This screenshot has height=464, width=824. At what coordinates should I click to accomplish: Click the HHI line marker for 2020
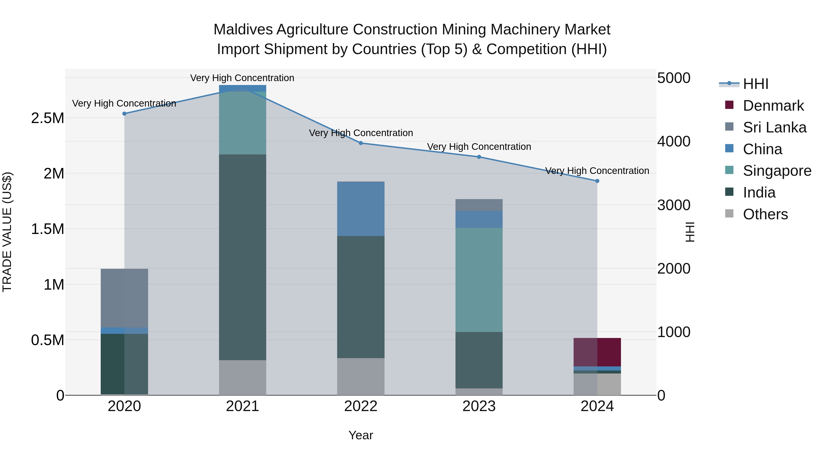125,114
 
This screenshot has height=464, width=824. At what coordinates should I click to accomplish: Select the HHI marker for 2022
361,143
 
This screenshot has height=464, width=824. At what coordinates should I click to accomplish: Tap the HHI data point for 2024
597,181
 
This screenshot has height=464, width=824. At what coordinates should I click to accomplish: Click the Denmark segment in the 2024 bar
597,352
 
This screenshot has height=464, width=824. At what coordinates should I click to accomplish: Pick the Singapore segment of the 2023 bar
479,280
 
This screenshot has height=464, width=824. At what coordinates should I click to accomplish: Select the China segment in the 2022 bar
361,209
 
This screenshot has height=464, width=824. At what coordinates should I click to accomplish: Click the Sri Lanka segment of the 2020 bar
125,298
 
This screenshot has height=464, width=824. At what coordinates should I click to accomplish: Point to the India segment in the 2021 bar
242,257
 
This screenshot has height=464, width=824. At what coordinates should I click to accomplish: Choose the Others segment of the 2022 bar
361,376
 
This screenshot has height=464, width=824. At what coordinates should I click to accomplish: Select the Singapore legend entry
777,171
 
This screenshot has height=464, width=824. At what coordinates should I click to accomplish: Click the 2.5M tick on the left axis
47,118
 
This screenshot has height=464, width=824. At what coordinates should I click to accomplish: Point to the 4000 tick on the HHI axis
674,142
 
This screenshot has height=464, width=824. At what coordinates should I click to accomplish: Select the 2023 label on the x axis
479,406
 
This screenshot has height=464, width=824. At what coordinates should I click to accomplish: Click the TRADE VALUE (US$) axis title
7,232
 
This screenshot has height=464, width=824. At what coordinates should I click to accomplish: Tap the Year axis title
360,435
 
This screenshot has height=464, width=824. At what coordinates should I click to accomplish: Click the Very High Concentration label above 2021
242,78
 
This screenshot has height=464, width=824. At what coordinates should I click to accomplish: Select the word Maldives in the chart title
243,30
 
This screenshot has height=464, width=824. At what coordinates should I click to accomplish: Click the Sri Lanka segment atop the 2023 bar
479,205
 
